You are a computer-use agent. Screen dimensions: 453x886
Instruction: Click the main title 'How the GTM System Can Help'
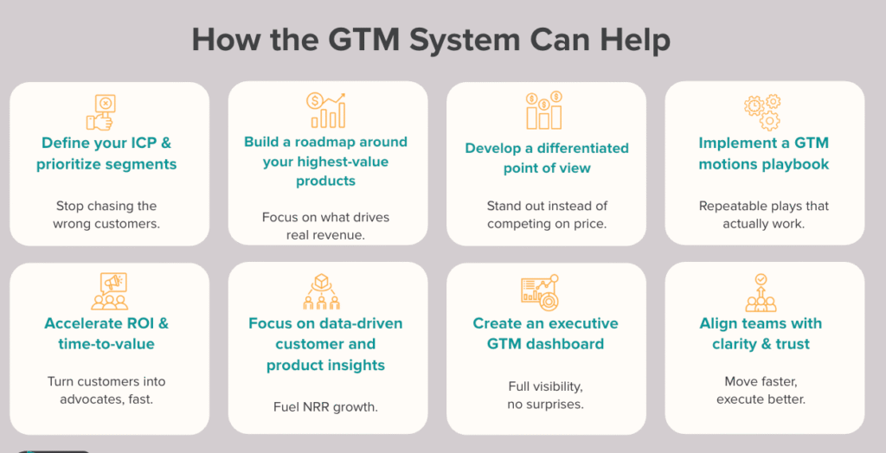pyautogui.click(x=431, y=40)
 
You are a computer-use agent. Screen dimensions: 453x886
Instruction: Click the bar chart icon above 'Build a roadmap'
pyautogui.click(x=326, y=111)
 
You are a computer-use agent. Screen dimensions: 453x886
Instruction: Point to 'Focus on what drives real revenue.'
pyautogui.click(x=325, y=226)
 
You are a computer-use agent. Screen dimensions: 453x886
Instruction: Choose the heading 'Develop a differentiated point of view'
pyautogui.click(x=546, y=157)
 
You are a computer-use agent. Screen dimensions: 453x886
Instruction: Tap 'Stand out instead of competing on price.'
pyautogui.click(x=546, y=215)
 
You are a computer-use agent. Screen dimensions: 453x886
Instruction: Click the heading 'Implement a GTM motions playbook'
pyautogui.click(x=764, y=153)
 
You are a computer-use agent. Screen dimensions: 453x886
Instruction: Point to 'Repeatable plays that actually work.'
pyautogui.click(x=764, y=215)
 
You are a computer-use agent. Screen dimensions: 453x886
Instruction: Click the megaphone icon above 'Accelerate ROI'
pyautogui.click(x=109, y=292)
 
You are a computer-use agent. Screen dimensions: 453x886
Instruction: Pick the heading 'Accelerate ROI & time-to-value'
pyautogui.click(x=106, y=334)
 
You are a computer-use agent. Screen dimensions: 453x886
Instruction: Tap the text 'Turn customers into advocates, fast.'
pyautogui.click(x=106, y=390)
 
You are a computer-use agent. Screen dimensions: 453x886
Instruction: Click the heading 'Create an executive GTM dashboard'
pyautogui.click(x=545, y=334)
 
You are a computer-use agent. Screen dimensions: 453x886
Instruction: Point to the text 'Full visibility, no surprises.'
pyautogui.click(x=546, y=394)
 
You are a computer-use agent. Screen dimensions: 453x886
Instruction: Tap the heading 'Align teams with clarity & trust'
pyautogui.click(x=761, y=334)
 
